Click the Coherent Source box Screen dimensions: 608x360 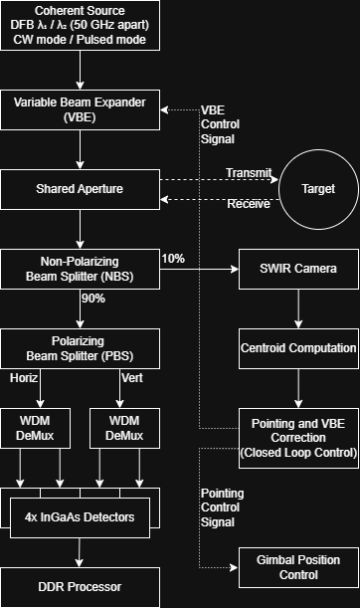point(80,26)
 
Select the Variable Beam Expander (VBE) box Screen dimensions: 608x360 point(80,109)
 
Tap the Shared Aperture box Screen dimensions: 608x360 point(80,188)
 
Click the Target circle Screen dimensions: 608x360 point(317,188)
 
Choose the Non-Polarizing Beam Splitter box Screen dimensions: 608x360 point(80,268)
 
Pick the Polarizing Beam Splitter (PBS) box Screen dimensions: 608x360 point(80,348)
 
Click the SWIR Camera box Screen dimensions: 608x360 point(298,269)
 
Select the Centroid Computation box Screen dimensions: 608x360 point(298,348)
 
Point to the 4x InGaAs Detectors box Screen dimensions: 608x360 point(80,516)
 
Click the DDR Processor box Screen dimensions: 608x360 point(80,587)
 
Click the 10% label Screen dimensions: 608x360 point(172,259)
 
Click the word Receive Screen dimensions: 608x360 point(247,205)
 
